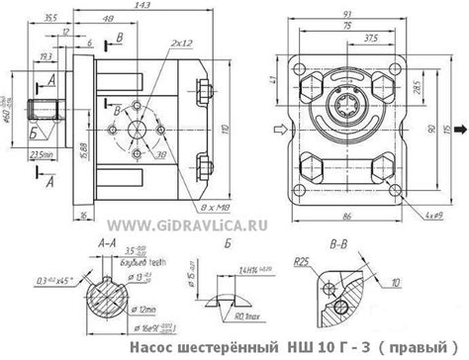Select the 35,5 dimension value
(50, 17)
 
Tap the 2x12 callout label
(181, 45)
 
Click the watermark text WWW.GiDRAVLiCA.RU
(205, 225)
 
